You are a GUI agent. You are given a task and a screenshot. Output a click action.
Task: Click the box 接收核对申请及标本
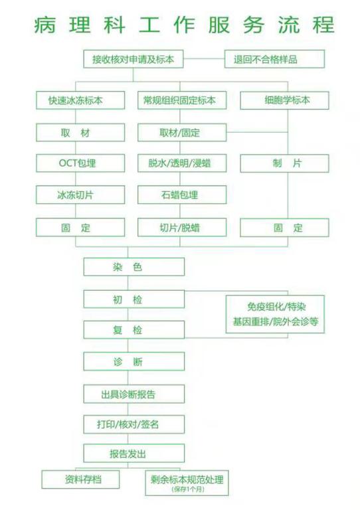[134, 59]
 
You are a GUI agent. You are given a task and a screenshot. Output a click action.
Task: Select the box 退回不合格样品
[274, 59]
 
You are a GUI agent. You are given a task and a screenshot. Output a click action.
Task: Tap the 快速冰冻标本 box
[80, 100]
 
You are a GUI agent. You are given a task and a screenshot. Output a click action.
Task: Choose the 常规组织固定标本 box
[182, 100]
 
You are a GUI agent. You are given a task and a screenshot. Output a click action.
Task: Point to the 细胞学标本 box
[284, 100]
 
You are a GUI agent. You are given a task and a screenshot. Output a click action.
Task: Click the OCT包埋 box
[80, 163]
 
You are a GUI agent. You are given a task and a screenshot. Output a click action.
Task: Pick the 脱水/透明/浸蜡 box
[182, 163]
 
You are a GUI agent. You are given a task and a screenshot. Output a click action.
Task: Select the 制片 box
[284, 163]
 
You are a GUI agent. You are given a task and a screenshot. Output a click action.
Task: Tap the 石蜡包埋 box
[182, 195]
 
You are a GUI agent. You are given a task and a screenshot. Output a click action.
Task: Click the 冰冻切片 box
[80, 195]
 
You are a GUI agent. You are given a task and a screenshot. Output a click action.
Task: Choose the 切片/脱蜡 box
[182, 227]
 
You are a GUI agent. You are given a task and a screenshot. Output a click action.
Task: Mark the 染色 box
[134, 267]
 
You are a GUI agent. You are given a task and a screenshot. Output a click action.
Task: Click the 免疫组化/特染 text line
[276, 307]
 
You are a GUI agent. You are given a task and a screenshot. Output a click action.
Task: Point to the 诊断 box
[134, 361]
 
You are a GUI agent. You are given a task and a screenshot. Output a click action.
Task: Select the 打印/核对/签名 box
[134, 424]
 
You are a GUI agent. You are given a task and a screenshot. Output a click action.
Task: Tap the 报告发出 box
[134, 454]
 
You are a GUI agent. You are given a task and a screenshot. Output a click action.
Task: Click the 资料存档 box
[80, 479]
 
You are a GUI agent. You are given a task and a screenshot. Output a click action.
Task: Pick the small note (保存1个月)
[188, 489]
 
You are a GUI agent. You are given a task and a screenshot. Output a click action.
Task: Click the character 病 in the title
[45, 25]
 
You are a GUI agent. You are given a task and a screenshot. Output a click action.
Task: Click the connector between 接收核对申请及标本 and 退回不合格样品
[204, 59]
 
